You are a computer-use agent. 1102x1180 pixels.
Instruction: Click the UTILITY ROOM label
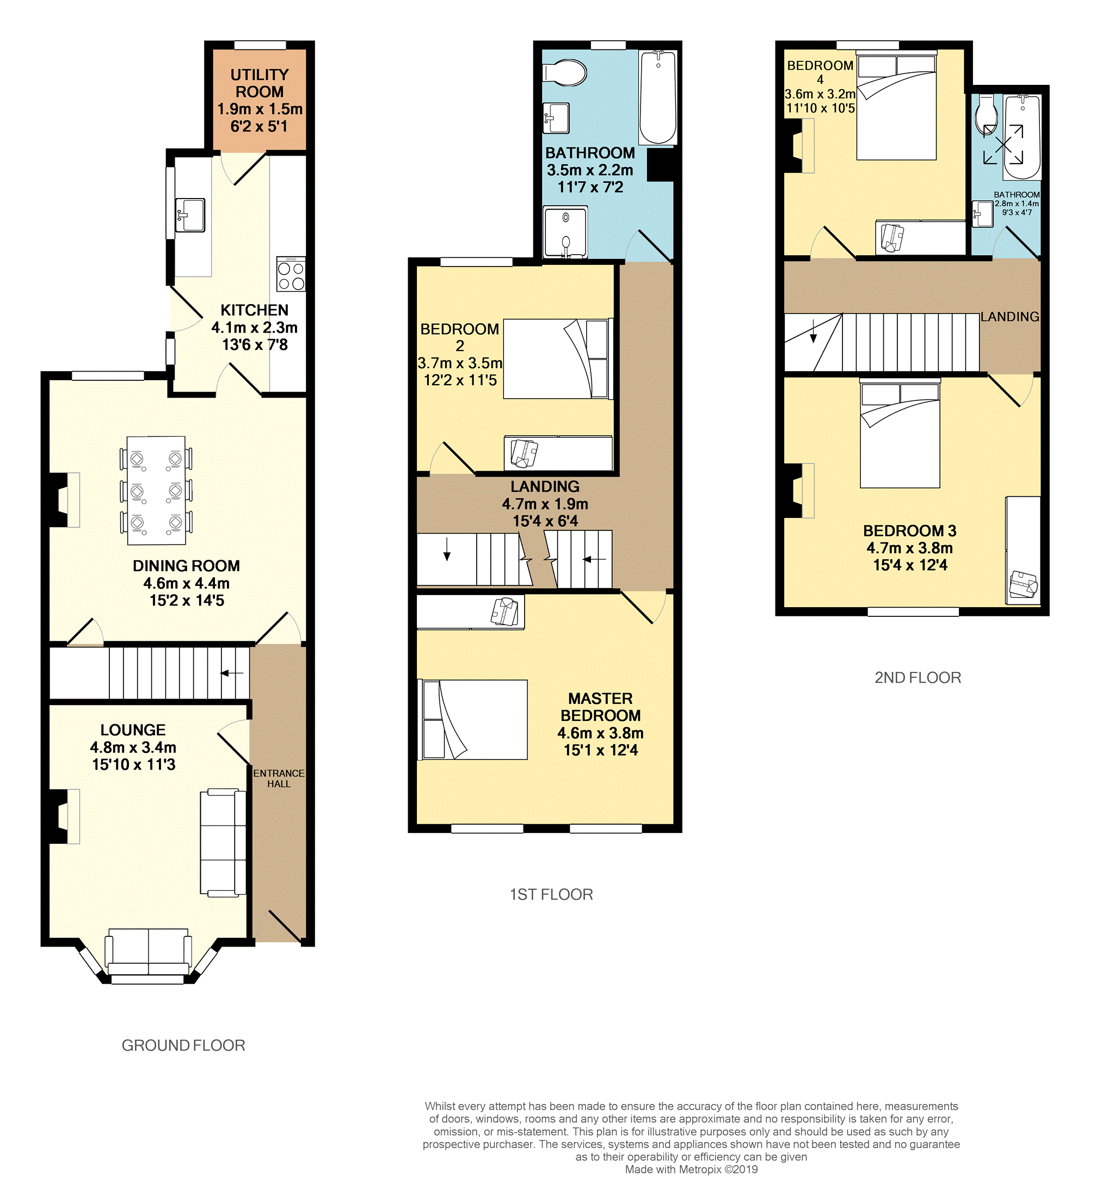coord(260,83)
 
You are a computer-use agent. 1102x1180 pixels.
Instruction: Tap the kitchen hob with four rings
coord(291,274)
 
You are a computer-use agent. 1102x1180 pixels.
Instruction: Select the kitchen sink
coord(190,215)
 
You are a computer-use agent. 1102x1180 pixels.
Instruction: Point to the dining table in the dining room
coord(156,490)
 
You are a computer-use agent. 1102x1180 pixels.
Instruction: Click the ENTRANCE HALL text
coord(279,778)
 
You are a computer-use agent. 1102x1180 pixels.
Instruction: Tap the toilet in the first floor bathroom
coord(565,73)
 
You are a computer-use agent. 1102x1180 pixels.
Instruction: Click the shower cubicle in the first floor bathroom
coord(565,232)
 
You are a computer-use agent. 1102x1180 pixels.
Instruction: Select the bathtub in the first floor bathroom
coord(657,98)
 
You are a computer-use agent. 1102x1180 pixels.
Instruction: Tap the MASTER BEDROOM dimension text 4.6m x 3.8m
coord(600,733)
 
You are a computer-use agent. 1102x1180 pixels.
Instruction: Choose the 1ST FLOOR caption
coord(551,894)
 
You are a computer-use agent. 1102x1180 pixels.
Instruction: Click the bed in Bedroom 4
coord(896,106)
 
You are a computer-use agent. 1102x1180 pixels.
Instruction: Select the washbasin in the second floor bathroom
coord(983,214)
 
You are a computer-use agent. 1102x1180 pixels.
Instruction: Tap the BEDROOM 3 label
coord(909,530)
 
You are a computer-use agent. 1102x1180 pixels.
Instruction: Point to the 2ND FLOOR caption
coord(918,678)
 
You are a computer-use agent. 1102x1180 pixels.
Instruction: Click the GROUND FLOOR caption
coord(183,1045)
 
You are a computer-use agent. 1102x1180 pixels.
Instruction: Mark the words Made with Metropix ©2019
coord(691,1169)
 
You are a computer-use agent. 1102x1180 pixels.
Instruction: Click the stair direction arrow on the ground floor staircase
coord(232,673)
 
